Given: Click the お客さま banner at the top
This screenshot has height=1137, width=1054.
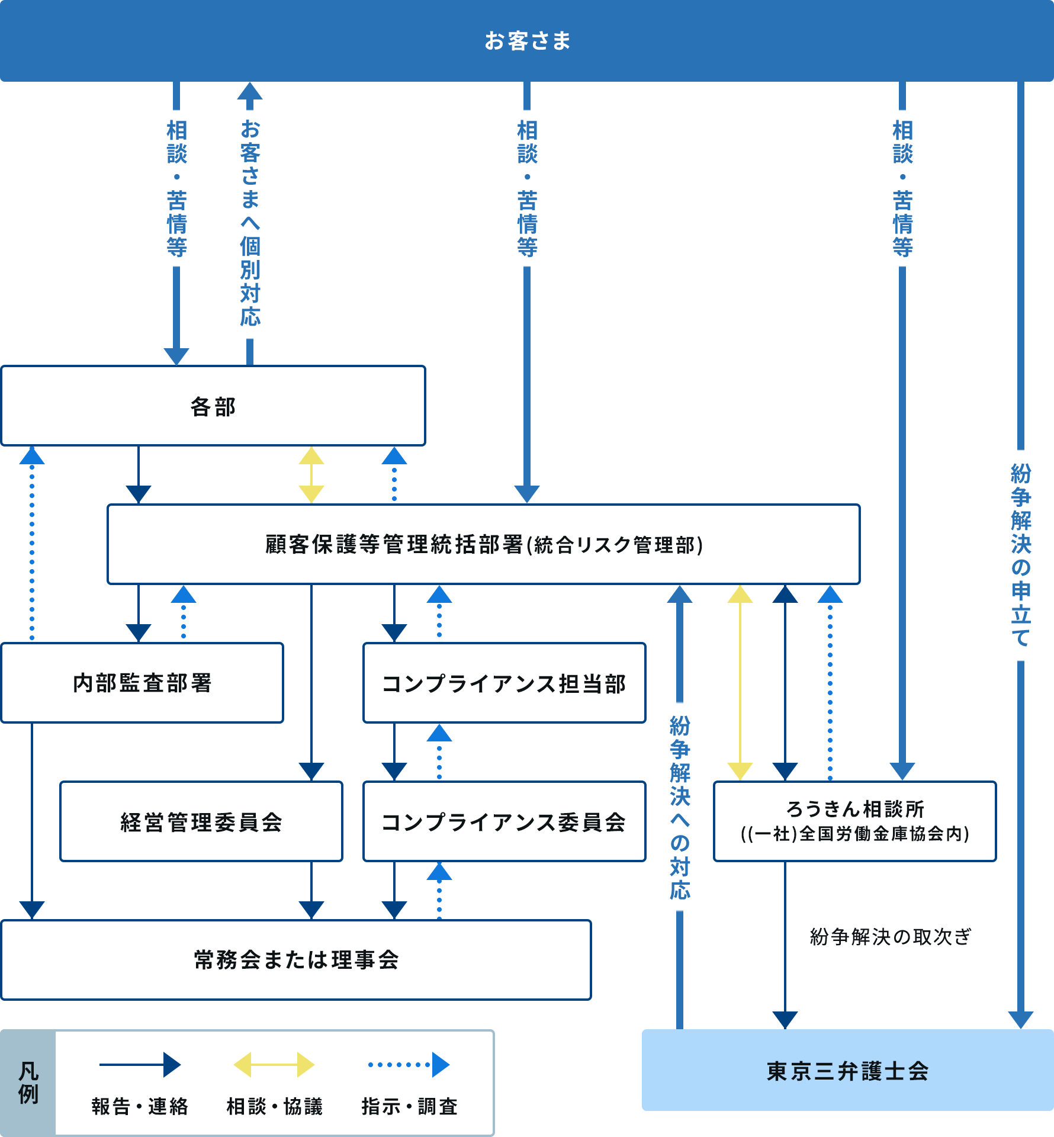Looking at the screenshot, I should click(x=527, y=40).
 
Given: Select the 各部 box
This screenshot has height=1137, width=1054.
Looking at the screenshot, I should click(x=213, y=406).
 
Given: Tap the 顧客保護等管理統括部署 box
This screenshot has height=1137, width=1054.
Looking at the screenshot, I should click(x=483, y=544).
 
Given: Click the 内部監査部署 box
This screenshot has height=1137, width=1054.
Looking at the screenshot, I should click(x=142, y=683).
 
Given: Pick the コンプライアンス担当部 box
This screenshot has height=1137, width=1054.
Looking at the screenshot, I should click(x=504, y=683).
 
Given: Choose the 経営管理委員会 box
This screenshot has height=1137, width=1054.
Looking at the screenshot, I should click(x=201, y=822).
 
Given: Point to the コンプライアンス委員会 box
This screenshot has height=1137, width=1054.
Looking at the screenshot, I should click(x=504, y=822).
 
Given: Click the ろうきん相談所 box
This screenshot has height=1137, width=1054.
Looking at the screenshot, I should click(x=855, y=821).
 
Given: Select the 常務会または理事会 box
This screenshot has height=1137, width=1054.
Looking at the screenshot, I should click(x=296, y=960).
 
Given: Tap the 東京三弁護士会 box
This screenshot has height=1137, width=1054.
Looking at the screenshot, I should click(x=847, y=1071).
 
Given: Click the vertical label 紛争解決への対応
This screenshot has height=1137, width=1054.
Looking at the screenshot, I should click(x=680, y=808).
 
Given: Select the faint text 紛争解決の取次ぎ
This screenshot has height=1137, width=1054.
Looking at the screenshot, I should click(x=890, y=937).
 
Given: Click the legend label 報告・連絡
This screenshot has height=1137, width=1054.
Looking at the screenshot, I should click(x=140, y=1106).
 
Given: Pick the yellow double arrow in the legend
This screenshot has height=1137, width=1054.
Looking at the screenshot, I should click(x=274, y=1065).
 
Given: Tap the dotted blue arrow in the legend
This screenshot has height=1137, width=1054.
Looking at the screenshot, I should click(x=409, y=1065).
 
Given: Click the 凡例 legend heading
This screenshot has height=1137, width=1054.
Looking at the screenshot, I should click(x=28, y=1083).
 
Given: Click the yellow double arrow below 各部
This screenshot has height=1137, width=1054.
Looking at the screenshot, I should click(x=311, y=475).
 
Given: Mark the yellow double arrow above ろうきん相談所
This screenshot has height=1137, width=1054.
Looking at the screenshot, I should click(x=740, y=683).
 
